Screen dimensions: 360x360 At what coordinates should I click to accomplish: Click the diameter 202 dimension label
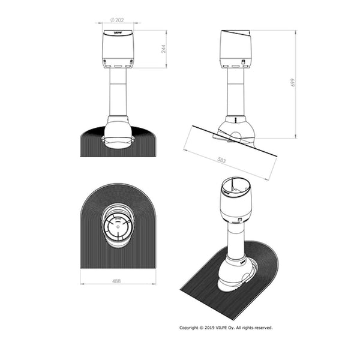118,19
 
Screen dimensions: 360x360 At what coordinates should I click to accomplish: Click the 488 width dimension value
118,280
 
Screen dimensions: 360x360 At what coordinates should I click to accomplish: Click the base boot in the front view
118,132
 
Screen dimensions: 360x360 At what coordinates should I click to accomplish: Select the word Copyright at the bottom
190,328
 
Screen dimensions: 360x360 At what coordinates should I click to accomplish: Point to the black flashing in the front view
90,144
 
